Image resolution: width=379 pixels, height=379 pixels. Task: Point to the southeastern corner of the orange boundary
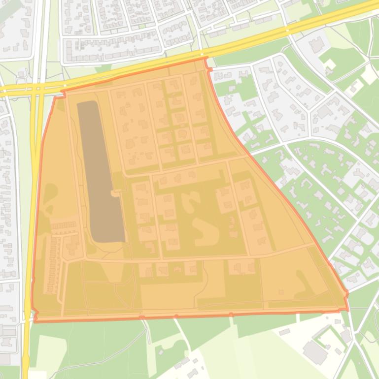click(x=347, y=310)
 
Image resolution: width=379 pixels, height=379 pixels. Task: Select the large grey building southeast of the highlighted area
click(x=314, y=351)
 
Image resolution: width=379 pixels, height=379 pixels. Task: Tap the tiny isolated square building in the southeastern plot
click(x=281, y=292)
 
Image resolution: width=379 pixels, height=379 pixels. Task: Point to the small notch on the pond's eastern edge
click(x=116, y=194)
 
